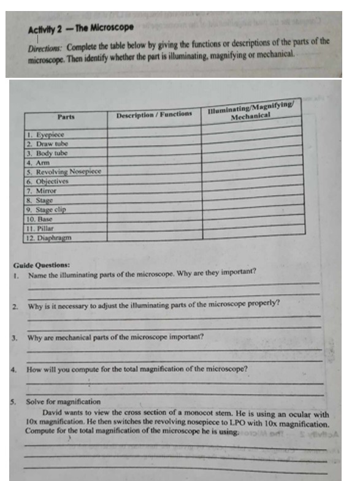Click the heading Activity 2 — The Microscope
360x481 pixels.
[x=80, y=28]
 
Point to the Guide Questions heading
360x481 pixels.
[x=40, y=265]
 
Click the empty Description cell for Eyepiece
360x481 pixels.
[x=154, y=131]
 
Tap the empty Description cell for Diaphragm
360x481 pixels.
[x=154, y=235]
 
